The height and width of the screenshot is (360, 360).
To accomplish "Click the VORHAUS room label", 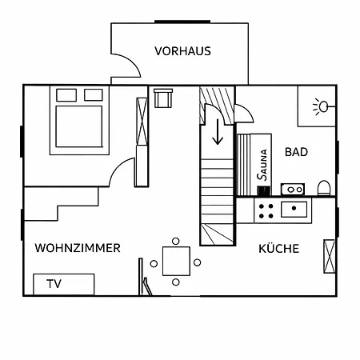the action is (x=182, y=51).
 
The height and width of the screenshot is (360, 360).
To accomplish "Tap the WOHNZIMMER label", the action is (x=78, y=248).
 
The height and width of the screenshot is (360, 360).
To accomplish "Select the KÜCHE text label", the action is (x=279, y=248).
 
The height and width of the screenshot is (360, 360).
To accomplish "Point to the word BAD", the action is (x=296, y=152).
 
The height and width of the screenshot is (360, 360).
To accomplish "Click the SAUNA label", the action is (x=262, y=165).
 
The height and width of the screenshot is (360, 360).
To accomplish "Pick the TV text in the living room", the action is (x=54, y=284).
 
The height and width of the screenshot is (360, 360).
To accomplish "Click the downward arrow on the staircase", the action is (x=218, y=132).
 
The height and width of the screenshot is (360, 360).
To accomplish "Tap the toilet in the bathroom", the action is (x=324, y=187).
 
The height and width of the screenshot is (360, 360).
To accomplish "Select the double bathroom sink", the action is (x=293, y=190).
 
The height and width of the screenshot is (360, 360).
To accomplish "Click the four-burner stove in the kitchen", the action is (x=266, y=211).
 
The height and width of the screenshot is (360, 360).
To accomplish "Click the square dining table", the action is (x=176, y=261).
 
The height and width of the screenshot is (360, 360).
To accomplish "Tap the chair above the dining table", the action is (x=176, y=242).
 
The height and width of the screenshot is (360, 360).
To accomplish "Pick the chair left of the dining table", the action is (x=154, y=264).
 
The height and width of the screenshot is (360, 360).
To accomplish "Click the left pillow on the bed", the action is (x=66, y=95).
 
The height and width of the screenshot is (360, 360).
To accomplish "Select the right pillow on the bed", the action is (x=94, y=95).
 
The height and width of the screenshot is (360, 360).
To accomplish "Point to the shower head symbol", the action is (x=323, y=106).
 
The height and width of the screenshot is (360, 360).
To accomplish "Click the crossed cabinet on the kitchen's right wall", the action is (x=329, y=256).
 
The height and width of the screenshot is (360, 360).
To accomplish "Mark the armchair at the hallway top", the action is (x=163, y=98).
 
